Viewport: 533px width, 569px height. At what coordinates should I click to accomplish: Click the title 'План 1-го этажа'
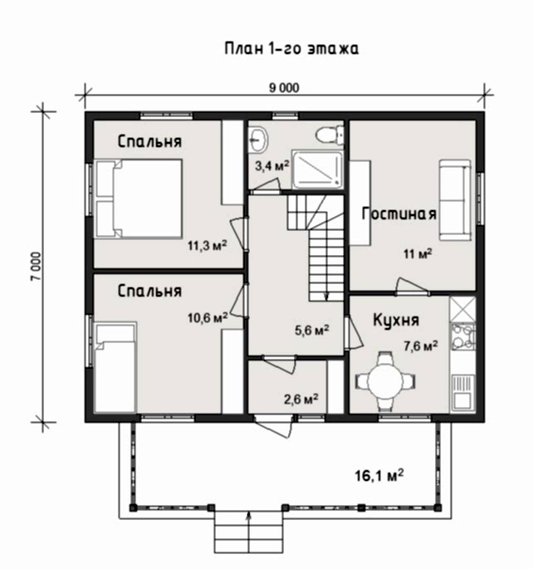291,49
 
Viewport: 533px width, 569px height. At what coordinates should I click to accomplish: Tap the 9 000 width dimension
284,88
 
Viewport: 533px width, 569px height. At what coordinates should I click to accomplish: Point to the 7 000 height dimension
37,267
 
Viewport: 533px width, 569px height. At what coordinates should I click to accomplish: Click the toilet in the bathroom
330,135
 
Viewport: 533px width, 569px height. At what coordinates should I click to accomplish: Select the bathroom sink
258,139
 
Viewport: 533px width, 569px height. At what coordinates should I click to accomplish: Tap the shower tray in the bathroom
318,169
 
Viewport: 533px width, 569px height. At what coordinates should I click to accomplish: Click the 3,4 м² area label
272,166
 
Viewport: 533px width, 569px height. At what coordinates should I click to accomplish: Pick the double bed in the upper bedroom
138,199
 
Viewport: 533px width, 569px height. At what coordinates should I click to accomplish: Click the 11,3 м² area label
207,246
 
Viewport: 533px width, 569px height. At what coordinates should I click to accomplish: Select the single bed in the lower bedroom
115,367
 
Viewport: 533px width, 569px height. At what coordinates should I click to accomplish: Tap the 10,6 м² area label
208,318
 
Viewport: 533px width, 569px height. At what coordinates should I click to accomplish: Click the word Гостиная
399,213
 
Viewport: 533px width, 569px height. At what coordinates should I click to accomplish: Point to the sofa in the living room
456,200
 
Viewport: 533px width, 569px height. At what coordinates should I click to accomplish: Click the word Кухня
396,320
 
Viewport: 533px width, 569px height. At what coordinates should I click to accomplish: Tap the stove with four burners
462,336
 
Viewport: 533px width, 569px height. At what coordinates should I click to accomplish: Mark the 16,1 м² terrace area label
379,475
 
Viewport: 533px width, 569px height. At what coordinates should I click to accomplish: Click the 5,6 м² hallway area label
312,331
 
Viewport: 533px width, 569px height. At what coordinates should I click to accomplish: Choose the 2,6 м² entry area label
301,400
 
